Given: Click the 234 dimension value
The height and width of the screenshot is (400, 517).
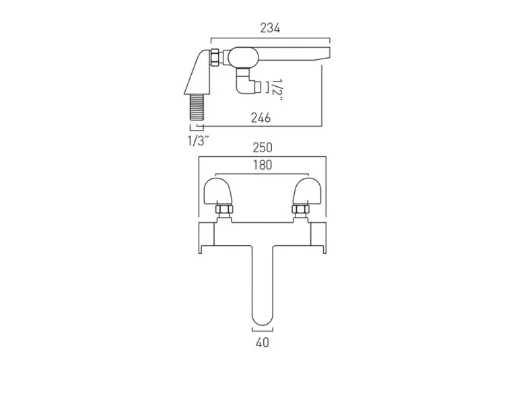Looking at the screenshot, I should point(270,28).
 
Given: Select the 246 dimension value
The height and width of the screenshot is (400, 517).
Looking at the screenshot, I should point(261,118).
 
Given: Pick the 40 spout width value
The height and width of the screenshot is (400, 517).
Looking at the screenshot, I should point(263,343).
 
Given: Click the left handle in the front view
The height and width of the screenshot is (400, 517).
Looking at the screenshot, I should point(217,192).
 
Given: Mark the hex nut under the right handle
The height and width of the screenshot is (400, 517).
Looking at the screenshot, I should point(300,213).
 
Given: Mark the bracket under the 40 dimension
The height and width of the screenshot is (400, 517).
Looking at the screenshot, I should point(263,329).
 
